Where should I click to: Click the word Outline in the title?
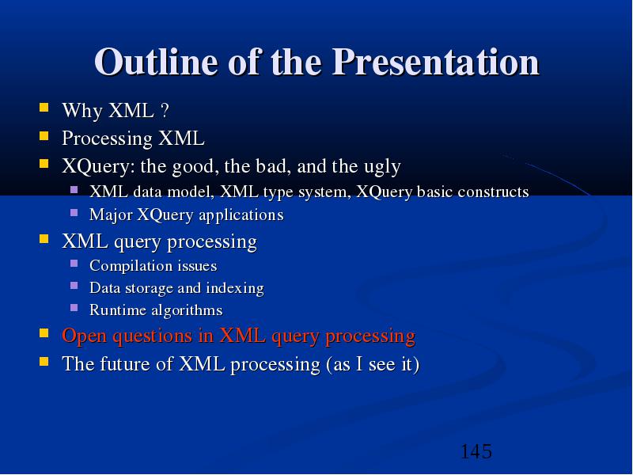156,62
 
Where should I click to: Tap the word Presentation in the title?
436,62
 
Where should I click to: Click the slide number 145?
476,451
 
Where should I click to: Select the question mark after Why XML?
165,110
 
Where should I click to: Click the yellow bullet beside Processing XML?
44,135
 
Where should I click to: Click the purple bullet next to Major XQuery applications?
74,212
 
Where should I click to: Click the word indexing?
235,288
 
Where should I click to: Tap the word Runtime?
117,310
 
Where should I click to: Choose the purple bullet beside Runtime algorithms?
74,308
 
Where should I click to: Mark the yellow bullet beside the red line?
44,332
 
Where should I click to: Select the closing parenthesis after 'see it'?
417,364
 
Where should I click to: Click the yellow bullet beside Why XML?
44,108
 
